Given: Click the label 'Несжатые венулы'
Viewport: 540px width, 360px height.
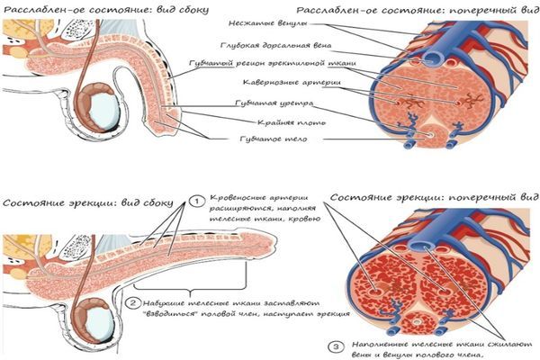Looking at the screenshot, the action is (x=268, y=23).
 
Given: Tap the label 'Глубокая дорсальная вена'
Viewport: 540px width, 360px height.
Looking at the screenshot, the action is (x=276, y=46).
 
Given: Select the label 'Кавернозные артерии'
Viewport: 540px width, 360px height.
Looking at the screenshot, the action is (x=292, y=83).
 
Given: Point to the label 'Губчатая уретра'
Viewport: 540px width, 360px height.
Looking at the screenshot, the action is (x=274, y=103).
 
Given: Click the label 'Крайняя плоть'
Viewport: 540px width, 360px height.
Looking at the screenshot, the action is (x=292, y=122).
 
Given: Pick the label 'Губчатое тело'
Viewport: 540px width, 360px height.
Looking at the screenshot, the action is (x=273, y=139).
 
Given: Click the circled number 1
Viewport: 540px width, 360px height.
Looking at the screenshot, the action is (x=196, y=202).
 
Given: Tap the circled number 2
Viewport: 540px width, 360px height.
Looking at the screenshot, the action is (x=133, y=303).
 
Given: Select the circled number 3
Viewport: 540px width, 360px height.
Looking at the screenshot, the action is (x=336, y=346).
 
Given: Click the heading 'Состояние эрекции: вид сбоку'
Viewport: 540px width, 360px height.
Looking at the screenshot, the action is (x=88, y=202).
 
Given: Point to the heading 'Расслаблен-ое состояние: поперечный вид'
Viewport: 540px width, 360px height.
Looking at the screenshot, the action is (x=418, y=10).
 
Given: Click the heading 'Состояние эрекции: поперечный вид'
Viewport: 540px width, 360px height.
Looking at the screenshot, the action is (x=435, y=197).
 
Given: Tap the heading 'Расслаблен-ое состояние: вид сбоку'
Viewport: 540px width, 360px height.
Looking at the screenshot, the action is (x=105, y=10).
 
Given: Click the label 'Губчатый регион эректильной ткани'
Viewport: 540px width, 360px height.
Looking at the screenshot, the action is (x=273, y=64).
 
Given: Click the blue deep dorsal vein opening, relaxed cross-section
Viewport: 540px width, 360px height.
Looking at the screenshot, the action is (x=431, y=58).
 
